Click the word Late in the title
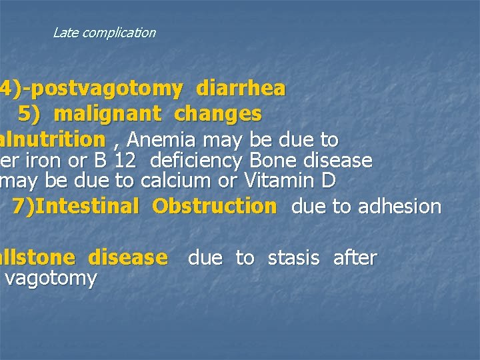coord(65,33)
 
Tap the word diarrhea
coord(241,88)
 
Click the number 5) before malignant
coord(29,114)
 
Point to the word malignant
coord(107,114)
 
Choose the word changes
coord(217,114)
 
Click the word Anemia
coord(161,140)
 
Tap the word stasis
coord(293,258)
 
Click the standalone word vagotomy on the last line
coord(51,278)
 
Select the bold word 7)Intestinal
coord(75,206)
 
